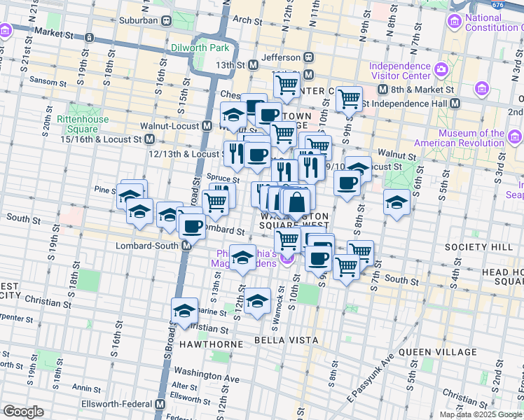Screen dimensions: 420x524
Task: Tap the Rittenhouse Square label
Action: (83, 124)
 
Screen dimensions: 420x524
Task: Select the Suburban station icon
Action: (166, 20)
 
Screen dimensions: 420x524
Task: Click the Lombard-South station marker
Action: (188, 246)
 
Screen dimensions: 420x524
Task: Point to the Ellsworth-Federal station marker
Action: (160, 405)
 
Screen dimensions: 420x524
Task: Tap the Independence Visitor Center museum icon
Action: (441, 69)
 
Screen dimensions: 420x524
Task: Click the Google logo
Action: (23, 411)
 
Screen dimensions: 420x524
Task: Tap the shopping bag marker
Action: (297, 202)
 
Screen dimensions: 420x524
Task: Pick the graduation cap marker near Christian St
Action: (184, 311)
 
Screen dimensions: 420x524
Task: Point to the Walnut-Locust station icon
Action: (207, 127)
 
